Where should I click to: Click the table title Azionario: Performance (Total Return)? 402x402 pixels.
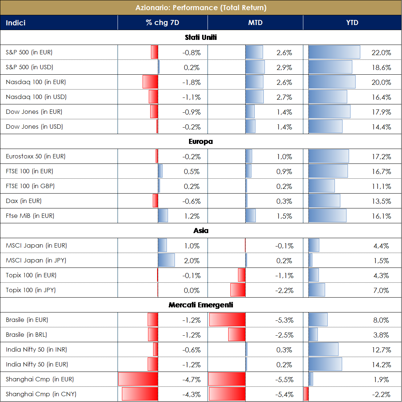(x=201, y=8)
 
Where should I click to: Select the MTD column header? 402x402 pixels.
(x=255, y=23)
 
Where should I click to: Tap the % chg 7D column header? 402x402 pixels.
(x=163, y=23)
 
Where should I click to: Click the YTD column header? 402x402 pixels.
(x=352, y=23)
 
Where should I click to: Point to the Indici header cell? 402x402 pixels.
(x=16, y=23)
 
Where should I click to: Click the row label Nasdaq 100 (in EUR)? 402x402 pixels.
(x=36, y=82)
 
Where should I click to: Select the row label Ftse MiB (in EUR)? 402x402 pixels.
(x=30, y=216)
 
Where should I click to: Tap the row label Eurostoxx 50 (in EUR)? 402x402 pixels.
(x=36, y=157)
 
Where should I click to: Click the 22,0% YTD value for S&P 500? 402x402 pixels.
(x=381, y=53)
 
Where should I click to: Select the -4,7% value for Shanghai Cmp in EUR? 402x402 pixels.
(x=191, y=380)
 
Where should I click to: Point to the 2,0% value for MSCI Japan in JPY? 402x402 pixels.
(x=192, y=261)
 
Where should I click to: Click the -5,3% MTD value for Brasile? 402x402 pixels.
(x=284, y=320)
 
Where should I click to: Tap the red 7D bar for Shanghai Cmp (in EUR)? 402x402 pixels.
(x=138, y=379)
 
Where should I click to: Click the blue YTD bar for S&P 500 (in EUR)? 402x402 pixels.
(x=334, y=52)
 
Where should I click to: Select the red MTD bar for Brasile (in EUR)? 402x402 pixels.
(x=227, y=320)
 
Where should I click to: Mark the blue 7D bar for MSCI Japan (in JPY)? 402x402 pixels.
(x=166, y=260)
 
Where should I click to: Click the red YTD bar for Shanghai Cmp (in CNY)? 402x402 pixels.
(x=306, y=394)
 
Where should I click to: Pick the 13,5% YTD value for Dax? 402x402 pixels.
(x=381, y=201)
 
